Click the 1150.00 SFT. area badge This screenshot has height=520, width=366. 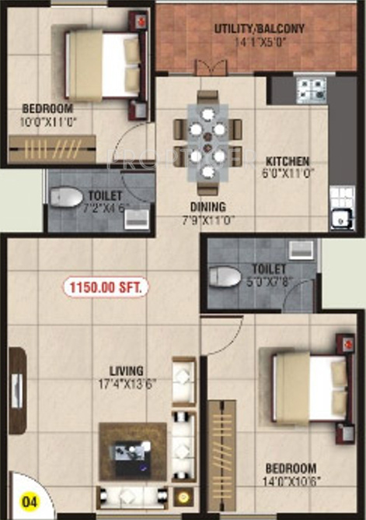(106, 287)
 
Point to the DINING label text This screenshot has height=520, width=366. (206, 206)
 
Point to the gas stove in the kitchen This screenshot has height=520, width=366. (312, 90)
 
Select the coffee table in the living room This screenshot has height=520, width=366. (133, 452)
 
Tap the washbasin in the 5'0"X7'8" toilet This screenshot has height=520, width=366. (298, 250)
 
